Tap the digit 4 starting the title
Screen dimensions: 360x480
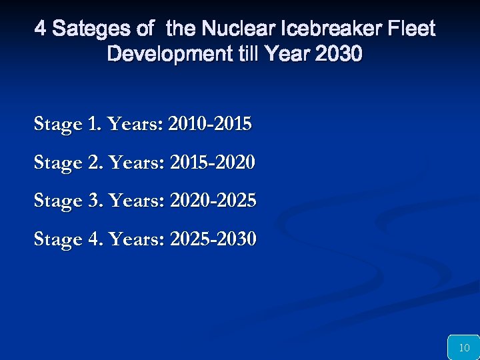pyautogui.click(x=41, y=29)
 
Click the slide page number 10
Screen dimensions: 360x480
pyautogui.click(x=464, y=347)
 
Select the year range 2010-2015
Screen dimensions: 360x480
pyautogui.click(x=211, y=124)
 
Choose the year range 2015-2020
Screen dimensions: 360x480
pyautogui.click(x=213, y=162)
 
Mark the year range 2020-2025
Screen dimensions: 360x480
pyautogui.click(x=213, y=201)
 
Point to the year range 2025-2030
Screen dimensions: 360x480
pyautogui.click(x=213, y=239)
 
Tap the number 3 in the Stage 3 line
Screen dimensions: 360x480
pyautogui.click(x=93, y=201)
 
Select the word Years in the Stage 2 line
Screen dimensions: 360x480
pyautogui.click(x=137, y=162)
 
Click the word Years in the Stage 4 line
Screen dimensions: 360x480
pyautogui.click(x=137, y=239)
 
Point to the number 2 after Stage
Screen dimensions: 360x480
pyautogui.click(x=93, y=162)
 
